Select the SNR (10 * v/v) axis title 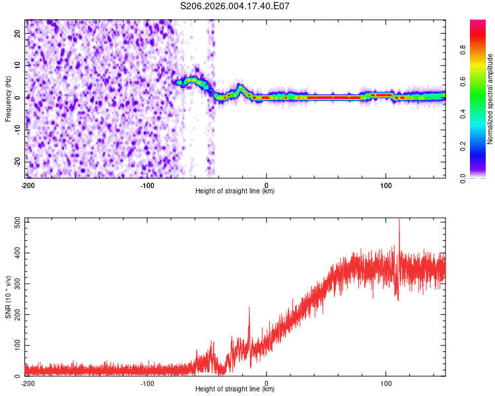8,297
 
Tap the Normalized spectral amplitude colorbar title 490,99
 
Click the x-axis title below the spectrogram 235,191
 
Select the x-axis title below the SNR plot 235,389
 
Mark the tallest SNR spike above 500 399,220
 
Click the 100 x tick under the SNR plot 385,383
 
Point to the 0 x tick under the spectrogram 266,185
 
